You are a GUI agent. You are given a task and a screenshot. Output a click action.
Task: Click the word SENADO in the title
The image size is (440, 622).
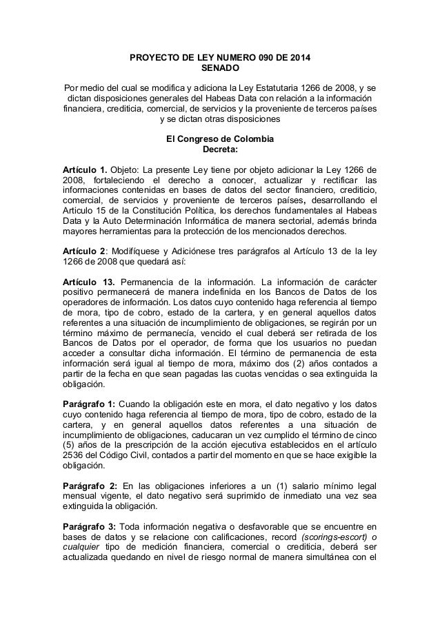point(220,68)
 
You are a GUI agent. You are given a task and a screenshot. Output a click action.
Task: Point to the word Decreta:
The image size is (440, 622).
point(219,149)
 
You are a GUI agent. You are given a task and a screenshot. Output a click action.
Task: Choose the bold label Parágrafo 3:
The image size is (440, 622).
point(90,527)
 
